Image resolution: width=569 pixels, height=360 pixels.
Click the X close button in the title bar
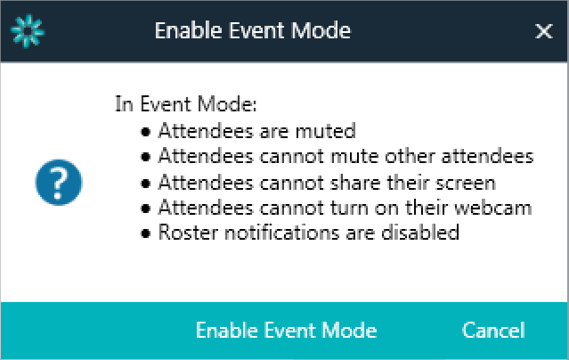tap(543, 31)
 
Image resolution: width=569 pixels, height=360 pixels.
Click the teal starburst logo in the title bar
tap(28, 31)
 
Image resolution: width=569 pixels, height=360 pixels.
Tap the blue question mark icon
tap(59, 183)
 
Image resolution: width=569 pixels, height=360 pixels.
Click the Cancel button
tap(493, 331)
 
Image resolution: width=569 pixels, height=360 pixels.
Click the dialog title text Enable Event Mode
tap(253, 30)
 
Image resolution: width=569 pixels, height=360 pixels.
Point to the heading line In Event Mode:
tap(186, 104)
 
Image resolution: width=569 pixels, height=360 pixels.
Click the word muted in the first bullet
tap(326, 131)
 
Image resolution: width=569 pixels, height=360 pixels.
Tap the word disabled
tap(420, 233)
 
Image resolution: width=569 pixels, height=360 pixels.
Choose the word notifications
tap(282, 233)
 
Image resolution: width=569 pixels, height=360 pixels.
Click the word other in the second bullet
tap(410, 156)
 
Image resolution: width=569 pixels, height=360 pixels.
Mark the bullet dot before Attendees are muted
tap(145, 132)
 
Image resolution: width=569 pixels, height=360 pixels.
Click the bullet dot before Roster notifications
tap(145, 233)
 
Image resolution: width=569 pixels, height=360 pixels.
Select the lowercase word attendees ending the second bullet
tap(487, 156)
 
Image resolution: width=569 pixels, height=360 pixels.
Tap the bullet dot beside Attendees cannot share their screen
tap(145, 184)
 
